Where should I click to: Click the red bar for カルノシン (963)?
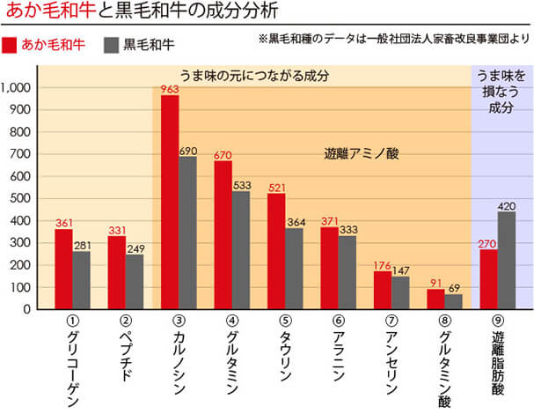click(x=170, y=202)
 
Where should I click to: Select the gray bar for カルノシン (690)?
click(x=187, y=233)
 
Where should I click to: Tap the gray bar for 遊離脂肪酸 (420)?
click(x=506, y=261)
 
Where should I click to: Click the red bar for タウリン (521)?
click(x=276, y=251)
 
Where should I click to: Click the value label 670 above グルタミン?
click(x=223, y=155)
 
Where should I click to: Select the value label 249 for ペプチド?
click(x=135, y=248)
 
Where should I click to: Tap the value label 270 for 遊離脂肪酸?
click(x=488, y=243)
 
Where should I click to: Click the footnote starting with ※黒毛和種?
click(x=393, y=40)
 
